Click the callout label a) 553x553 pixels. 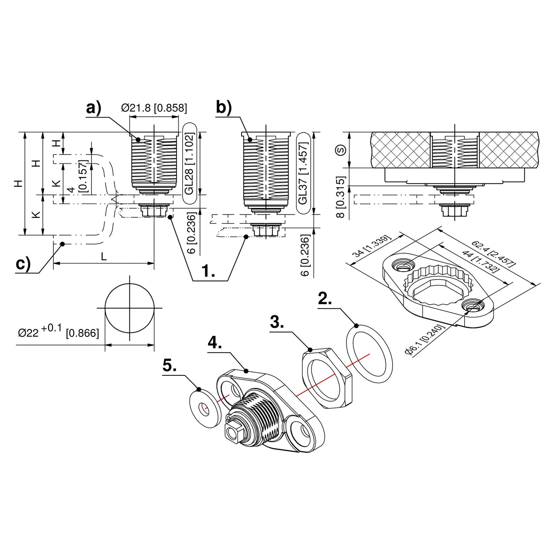(x=93, y=108)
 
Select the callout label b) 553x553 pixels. (x=223, y=108)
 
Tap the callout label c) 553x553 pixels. (x=23, y=264)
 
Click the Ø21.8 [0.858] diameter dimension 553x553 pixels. (x=154, y=108)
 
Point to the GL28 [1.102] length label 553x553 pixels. (x=189, y=164)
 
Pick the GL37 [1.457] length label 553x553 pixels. (x=303, y=173)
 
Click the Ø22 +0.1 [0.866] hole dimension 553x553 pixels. (x=58, y=331)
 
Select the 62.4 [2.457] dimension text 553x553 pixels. (x=493, y=253)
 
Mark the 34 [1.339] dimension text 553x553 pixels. (x=372, y=246)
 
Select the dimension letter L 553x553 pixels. (x=104, y=256)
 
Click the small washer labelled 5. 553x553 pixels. (x=206, y=408)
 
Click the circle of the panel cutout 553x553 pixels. (x=130, y=308)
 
